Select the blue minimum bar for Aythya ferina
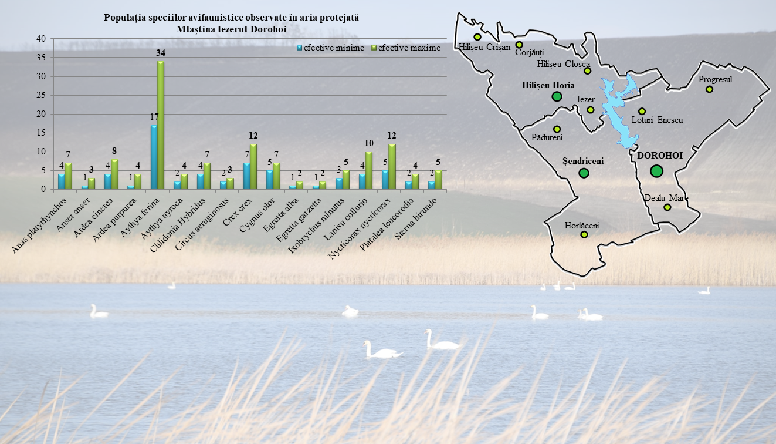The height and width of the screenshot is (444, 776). (154, 157)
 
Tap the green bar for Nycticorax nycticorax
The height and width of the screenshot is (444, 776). (392, 166)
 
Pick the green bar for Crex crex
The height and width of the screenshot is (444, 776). (253, 166)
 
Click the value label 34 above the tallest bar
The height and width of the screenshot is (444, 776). (161, 53)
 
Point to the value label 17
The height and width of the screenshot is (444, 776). (154, 117)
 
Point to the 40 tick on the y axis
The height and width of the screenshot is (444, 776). (41, 39)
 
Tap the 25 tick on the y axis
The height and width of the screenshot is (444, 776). (41, 95)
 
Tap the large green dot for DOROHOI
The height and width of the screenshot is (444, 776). (656, 171)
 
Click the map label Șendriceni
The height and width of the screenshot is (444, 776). (582, 160)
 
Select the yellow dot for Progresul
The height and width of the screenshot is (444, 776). (709, 89)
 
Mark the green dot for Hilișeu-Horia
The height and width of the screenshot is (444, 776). (557, 96)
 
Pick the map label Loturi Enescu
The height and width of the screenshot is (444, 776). (657, 120)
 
